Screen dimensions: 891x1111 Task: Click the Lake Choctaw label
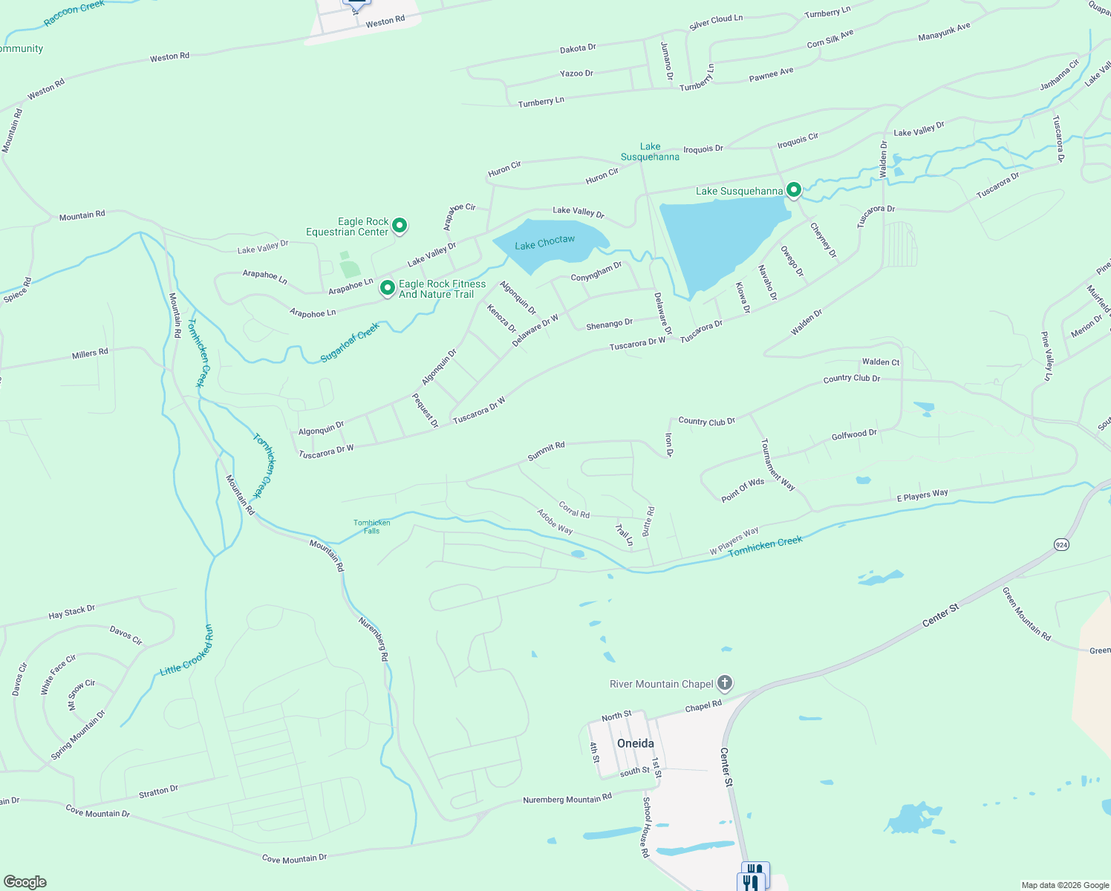pyautogui.click(x=544, y=243)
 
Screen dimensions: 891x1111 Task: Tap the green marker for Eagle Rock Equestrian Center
pyautogui.click(x=400, y=225)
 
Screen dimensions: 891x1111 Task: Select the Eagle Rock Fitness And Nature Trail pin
pyautogui.click(x=387, y=287)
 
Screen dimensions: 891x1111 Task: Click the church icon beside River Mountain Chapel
pyautogui.click(x=725, y=682)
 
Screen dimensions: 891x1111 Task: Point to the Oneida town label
pyautogui.click(x=636, y=743)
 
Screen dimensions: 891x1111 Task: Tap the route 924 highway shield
pyautogui.click(x=1062, y=545)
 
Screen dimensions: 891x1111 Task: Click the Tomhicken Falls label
pyautogui.click(x=372, y=526)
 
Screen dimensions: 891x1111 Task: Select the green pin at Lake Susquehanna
pyautogui.click(x=793, y=190)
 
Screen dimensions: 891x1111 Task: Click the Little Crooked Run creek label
pyautogui.click(x=187, y=651)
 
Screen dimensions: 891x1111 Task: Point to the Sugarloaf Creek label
pyautogui.click(x=350, y=342)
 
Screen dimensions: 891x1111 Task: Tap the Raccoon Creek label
pyautogui.click(x=74, y=13)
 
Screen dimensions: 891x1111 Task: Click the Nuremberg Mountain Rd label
pyautogui.click(x=567, y=799)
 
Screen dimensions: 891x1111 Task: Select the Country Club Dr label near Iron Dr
pyautogui.click(x=706, y=421)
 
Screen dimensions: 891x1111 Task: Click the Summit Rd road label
pyautogui.click(x=546, y=451)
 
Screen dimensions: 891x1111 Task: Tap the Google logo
pyautogui.click(x=25, y=882)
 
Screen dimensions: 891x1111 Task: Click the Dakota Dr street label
pyautogui.click(x=578, y=48)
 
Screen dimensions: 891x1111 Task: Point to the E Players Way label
pyautogui.click(x=922, y=495)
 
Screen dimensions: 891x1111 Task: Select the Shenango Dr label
pyautogui.click(x=609, y=324)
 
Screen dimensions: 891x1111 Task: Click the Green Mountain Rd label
pyautogui.click(x=1026, y=613)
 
